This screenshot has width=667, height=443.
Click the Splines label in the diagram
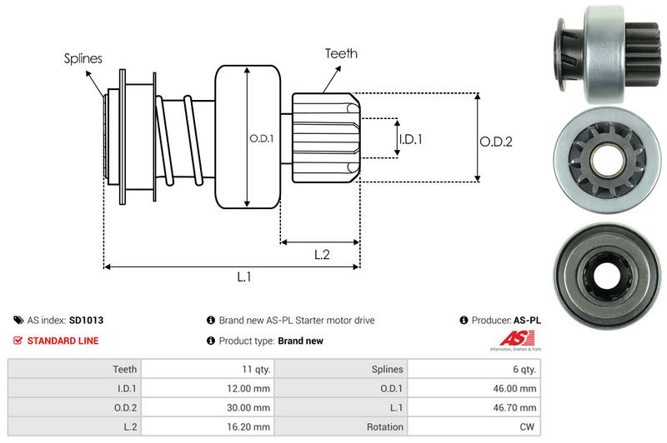point(83,59)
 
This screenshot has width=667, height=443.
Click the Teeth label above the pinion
point(341,53)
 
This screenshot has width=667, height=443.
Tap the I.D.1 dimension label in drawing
point(410,139)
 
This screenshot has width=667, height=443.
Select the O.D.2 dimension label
point(495,142)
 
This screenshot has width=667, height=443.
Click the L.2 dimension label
point(323,255)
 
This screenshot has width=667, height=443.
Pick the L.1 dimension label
point(244,276)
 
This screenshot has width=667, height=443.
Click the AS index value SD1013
point(86,320)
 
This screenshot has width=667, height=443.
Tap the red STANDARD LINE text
point(63,341)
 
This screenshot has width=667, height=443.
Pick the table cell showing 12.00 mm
point(250,388)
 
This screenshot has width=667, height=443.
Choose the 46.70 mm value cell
point(517,407)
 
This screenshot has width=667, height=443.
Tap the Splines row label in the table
point(386,369)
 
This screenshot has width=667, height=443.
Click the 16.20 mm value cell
point(250,426)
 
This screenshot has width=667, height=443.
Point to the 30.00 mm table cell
point(250,407)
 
